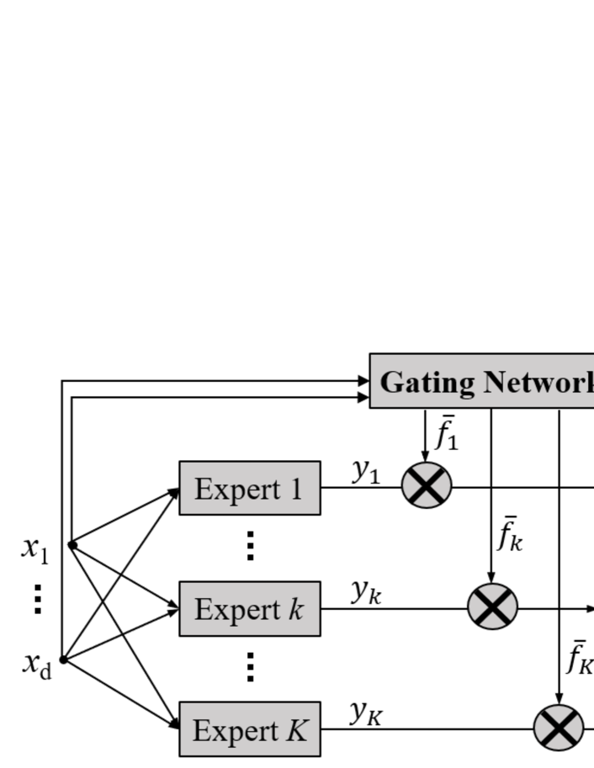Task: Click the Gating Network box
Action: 482,381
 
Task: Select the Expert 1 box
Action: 250,488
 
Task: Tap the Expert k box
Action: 250,608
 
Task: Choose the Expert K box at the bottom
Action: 250,728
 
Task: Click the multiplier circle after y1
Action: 427,486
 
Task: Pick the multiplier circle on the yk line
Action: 492,606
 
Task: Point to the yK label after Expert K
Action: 368,712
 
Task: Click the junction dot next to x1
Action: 72,545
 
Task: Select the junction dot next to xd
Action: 63,660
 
